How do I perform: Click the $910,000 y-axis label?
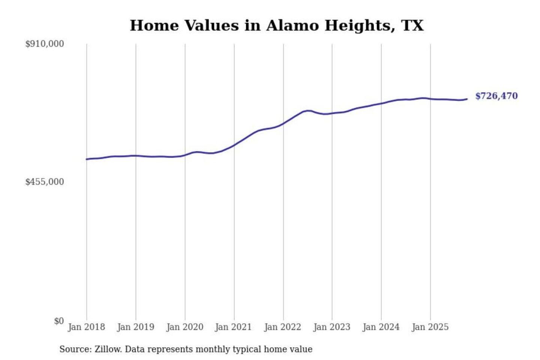(45, 44)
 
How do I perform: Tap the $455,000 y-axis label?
(45, 182)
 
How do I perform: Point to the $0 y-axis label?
(59, 321)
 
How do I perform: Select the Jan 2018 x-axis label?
(86, 327)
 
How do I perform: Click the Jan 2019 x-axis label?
(135, 327)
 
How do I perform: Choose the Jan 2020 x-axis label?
(184, 327)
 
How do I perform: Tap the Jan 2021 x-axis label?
(233, 327)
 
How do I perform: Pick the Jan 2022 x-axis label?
(282, 327)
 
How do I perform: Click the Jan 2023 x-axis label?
(331, 327)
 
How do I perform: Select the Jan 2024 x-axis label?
(381, 327)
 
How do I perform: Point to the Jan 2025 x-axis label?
(430, 327)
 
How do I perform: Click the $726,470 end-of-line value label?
(496, 96)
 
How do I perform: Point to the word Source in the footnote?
(75, 349)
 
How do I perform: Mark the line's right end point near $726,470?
(467, 99)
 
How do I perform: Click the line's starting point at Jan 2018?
(87, 159)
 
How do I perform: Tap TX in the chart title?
(412, 25)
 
